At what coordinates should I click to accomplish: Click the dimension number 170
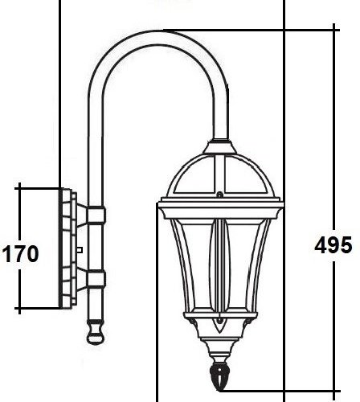pos(20,256)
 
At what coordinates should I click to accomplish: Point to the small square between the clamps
pos(80,250)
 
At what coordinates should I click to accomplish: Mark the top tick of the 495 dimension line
pos(334,30)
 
